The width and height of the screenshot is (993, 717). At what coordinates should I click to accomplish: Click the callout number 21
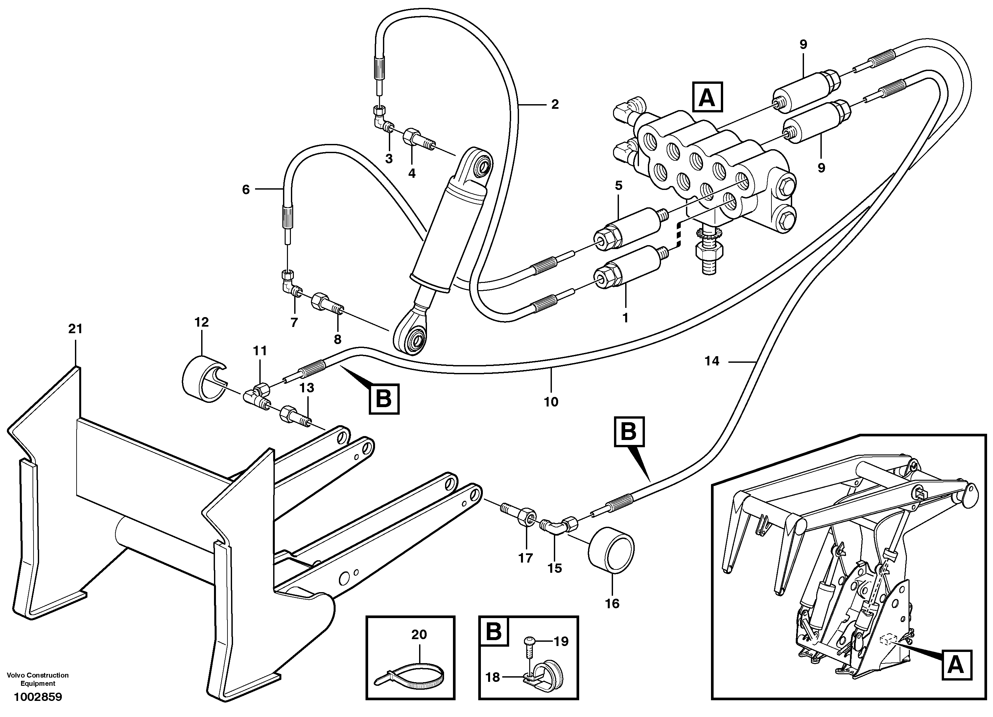pyautogui.click(x=75, y=329)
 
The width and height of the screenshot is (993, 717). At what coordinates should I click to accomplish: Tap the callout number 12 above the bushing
pyautogui.click(x=201, y=322)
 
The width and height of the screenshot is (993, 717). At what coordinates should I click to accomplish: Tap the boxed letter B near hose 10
pyautogui.click(x=384, y=399)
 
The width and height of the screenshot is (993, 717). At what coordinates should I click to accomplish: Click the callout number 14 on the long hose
pyautogui.click(x=712, y=361)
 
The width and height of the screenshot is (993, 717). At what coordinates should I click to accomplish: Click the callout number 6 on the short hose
pyautogui.click(x=246, y=190)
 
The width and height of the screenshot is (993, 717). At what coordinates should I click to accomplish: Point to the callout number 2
pyautogui.click(x=555, y=104)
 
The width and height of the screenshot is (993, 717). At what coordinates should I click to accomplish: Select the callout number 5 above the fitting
pyautogui.click(x=618, y=186)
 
